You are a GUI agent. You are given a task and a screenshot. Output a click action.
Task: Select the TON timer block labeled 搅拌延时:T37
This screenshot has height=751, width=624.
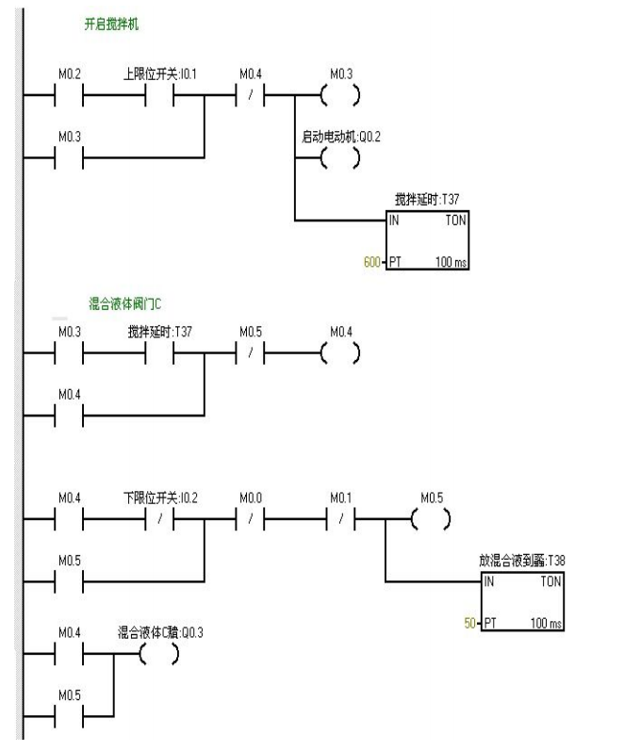pyautogui.click(x=427, y=240)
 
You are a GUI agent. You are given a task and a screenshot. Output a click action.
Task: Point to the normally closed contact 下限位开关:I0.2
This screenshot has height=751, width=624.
pyautogui.click(x=158, y=519)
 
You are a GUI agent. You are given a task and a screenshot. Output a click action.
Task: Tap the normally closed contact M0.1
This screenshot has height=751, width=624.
pyautogui.click(x=340, y=519)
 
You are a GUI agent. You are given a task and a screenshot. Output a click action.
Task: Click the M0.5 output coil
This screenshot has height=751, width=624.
pyautogui.click(x=431, y=519)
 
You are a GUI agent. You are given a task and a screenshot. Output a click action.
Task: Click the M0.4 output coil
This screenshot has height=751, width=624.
pyautogui.click(x=340, y=354)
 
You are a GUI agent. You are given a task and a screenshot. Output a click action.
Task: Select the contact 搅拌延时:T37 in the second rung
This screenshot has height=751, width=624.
pyautogui.click(x=158, y=354)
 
